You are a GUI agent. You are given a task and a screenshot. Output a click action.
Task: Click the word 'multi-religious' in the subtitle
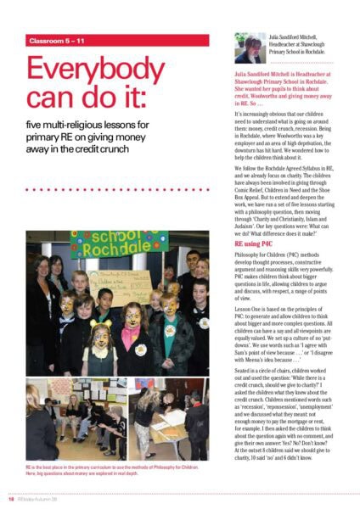[x=76, y=127]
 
